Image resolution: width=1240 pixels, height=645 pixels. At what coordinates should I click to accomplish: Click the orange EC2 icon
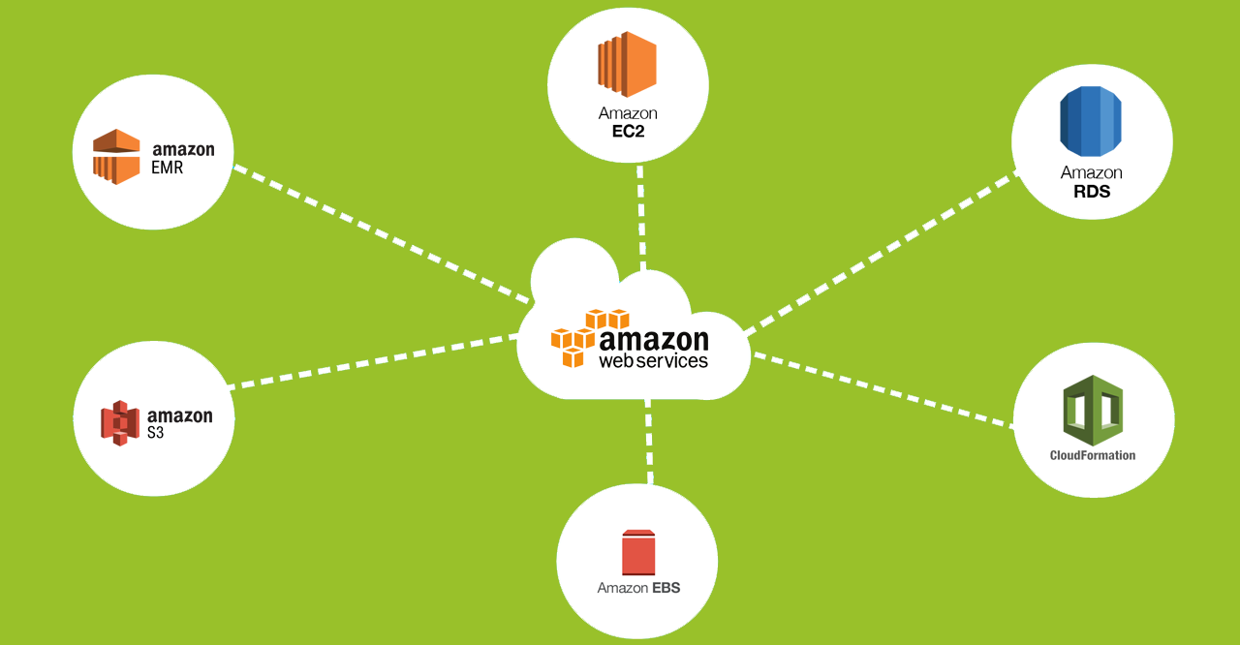tap(627, 64)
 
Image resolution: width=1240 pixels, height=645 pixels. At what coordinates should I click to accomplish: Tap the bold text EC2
tap(628, 131)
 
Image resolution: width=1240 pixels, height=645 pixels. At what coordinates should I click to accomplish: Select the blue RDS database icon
tap(1091, 121)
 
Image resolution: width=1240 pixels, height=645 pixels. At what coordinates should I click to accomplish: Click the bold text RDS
tap(1092, 192)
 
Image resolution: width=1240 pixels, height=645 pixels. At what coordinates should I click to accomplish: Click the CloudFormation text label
tap(1093, 455)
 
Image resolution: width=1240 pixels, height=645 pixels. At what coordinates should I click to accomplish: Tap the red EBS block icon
tap(638, 552)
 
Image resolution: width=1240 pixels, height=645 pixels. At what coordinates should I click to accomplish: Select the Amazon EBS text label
tap(638, 588)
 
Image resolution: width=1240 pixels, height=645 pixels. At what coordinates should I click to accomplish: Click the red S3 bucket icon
tap(120, 422)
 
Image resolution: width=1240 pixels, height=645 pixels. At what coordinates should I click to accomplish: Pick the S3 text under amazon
tap(156, 433)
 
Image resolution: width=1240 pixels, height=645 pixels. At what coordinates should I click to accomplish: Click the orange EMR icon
tap(116, 156)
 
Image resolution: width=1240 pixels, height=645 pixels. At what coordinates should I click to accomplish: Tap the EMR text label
tap(168, 168)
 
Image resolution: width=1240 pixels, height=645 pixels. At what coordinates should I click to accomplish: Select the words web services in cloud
tap(653, 360)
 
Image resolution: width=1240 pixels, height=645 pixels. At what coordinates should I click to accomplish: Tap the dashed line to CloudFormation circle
tap(882, 389)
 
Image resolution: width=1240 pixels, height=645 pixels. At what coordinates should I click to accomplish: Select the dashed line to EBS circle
tap(648, 441)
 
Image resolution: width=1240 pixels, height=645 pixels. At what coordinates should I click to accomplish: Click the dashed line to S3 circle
tap(373, 362)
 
